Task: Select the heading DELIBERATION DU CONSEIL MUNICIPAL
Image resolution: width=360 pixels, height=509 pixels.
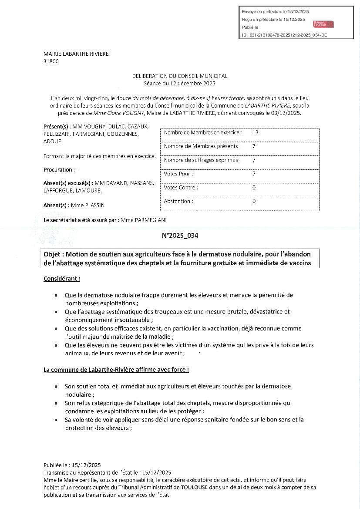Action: [x=180, y=76]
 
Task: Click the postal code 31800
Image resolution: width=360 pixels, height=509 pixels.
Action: [x=51, y=61]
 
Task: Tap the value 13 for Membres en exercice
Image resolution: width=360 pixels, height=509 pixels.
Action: [x=255, y=132]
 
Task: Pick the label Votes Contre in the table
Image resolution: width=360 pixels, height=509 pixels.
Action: [x=181, y=188]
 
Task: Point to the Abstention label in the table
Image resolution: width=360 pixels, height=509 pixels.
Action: [x=178, y=202]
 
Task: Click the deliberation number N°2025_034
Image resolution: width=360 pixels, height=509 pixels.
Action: [x=180, y=236]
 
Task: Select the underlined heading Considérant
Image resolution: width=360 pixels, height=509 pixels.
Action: [x=61, y=278]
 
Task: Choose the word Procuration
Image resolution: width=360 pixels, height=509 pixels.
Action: [x=57, y=170]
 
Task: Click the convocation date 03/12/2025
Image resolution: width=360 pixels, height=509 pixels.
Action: [x=286, y=113]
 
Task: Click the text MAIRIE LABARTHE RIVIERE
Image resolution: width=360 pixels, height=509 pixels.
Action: [x=76, y=54]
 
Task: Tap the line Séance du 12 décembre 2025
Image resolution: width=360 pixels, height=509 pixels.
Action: [x=180, y=83]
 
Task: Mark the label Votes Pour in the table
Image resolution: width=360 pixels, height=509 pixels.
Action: [x=178, y=174]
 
